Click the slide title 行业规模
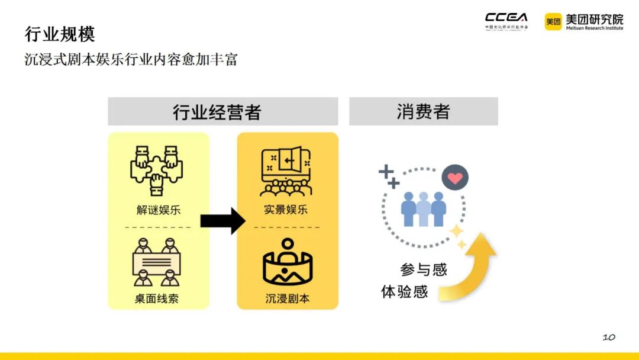tap(60, 34)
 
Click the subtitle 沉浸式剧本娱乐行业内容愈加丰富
tap(131, 60)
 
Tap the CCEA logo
tap(506, 20)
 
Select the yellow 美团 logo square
tap(553, 21)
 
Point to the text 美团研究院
tap(593, 18)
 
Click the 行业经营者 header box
tap(222, 111)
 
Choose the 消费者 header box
tap(423, 111)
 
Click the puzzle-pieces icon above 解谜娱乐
tap(157, 170)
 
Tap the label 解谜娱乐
tap(158, 210)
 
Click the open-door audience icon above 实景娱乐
tap(287, 171)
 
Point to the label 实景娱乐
tap(287, 210)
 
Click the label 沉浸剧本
tap(288, 298)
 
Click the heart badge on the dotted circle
tap(455, 178)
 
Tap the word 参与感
tap(424, 270)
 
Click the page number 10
tap(609, 337)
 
